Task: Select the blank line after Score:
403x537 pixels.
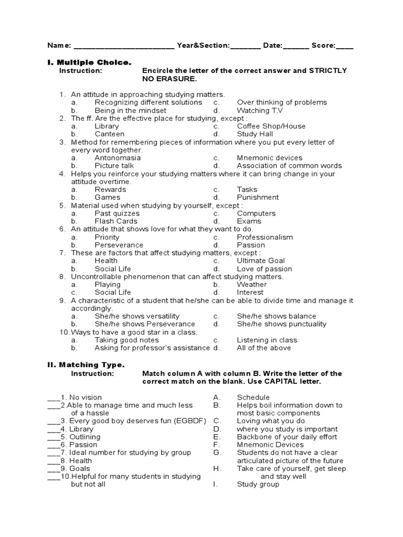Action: (x=345, y=46)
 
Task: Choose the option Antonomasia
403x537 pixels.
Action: (x=118, y=158)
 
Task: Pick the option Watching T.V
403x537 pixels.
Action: (x=259, y=111)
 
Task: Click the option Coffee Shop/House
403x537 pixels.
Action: (x=271, y=126)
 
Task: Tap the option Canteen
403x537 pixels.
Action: (x=109, y=134)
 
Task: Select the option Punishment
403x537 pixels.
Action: (x=258, y=198)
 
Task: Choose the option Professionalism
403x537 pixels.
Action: (x=264, y=237)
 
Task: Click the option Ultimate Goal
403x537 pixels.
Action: (x=261, y=261)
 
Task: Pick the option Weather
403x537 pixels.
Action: (x=252, y=285)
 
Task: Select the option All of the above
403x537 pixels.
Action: (x=263, y=348)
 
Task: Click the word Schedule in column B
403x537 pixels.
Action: (x=253, y=398)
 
